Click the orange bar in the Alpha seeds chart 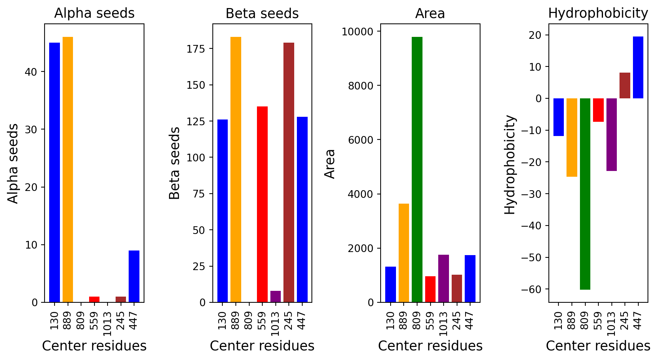(68, 169)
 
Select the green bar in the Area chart (417, 169)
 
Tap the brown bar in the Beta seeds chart (289, 173)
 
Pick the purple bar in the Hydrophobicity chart (611, 134)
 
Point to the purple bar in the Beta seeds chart (275, 297)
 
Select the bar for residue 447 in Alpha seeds (134, 276)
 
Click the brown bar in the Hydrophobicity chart (625, 86)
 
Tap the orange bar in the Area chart (404, 253)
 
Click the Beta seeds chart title (262, 13)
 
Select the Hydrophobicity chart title (598, 13)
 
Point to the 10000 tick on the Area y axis (358, 32)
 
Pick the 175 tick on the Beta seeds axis (196, 49)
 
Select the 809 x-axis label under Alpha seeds (81, 321)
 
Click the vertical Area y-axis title (330, 164)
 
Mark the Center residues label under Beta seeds (262, 346)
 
